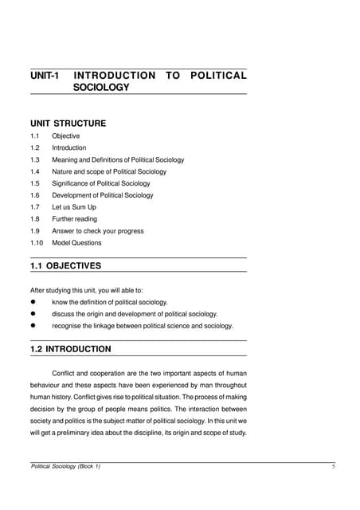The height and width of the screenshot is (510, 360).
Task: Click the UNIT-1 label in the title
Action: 44,76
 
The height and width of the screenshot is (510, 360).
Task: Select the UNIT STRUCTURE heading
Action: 68,124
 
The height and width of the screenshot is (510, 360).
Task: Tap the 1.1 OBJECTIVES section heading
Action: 65,265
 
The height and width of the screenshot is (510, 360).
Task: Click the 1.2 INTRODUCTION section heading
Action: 70,349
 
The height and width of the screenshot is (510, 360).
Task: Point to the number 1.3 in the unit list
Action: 35,159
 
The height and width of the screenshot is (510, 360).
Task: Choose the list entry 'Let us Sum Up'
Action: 74,207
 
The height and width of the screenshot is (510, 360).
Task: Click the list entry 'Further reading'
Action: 75,219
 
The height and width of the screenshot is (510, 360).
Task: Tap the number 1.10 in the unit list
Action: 37,242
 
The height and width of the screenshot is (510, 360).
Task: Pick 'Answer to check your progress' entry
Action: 98,231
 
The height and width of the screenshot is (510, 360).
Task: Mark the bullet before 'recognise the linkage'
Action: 34,326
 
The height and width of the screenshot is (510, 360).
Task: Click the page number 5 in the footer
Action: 332,466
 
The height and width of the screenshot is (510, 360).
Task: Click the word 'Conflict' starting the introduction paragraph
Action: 67,373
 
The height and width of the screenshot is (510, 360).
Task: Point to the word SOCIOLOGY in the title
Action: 101,88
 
